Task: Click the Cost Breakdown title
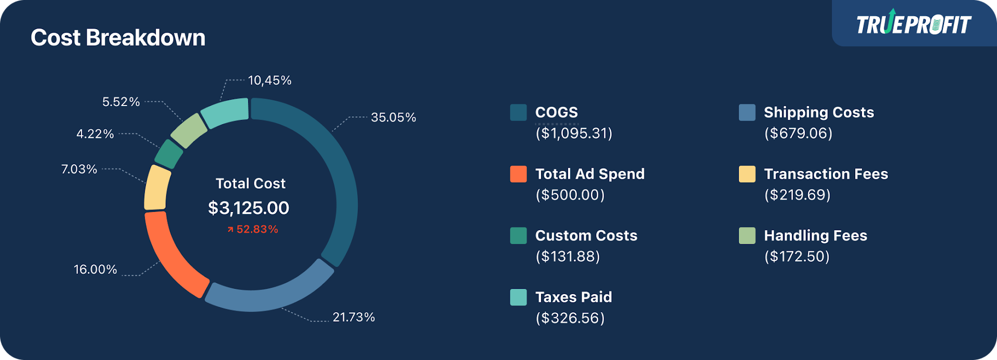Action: pos(118,38)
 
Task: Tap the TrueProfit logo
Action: pos(913,24)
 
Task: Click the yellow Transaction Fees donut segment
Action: pos(157,188)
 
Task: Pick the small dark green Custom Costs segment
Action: pos(169,154)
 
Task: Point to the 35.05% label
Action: pos(393,117)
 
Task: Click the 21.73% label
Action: pos(354,317)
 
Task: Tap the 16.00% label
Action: pos(96,269)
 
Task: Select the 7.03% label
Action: pos(79,169)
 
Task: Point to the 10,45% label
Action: pos(270,81)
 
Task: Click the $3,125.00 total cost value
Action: pos(249,208)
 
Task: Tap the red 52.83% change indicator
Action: pos(253,229)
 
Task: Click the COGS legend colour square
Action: pos(518,112)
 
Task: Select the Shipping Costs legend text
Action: pos(818,112)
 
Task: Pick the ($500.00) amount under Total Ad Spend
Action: pos(570,195)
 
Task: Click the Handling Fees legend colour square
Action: pos(747,235)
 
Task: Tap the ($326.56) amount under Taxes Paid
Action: pos(570,318)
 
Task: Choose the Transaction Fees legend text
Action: pos(826,174)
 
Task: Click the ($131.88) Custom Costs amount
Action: pos(568,256)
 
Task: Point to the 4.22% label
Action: pos(95,134)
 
